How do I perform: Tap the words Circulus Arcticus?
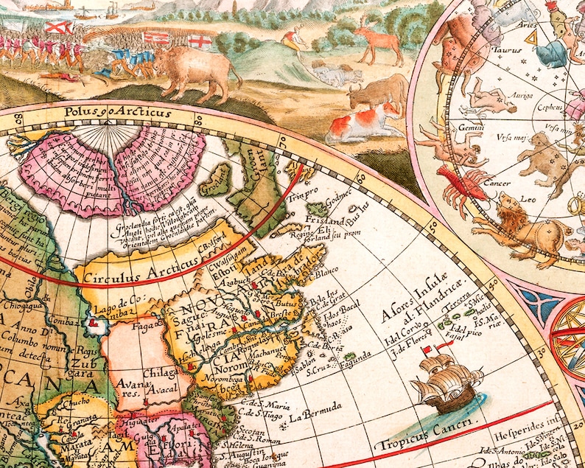142,270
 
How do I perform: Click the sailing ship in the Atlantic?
444,380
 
